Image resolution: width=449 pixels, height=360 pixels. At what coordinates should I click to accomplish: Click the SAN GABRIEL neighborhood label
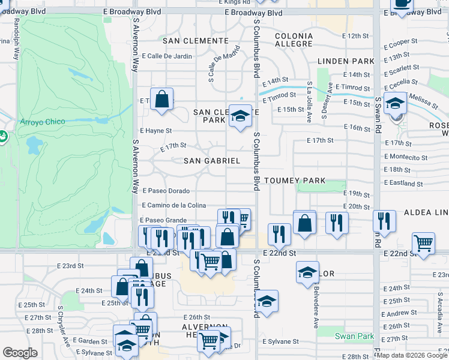point(211,161)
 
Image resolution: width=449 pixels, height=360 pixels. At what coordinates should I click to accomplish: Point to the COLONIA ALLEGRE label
point(294,40)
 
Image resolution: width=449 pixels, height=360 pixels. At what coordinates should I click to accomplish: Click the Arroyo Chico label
point(41,123)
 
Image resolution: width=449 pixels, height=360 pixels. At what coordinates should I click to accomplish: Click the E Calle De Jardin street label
point(166,56)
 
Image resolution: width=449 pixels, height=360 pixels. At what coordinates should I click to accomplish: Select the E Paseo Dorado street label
point(166,191)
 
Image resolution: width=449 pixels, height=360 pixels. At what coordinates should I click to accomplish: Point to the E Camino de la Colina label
point(174,205)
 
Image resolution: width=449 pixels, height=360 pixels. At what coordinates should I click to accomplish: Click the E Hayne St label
point(156,130)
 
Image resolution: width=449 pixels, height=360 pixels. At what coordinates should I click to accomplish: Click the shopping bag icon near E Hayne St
point(162,100)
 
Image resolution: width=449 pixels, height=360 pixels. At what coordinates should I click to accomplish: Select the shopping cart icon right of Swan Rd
point(423,244)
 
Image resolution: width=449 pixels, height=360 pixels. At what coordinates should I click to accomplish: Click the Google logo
point(20,353)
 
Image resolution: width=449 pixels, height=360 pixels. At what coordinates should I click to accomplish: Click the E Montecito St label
point(405,157)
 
